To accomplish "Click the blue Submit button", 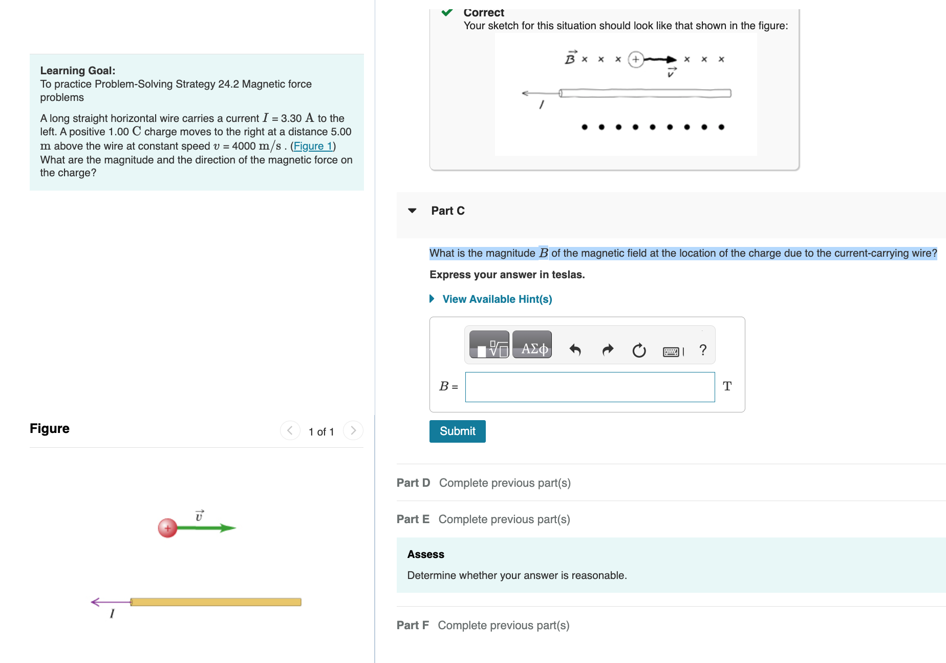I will coord(457,431).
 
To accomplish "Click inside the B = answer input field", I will coord(589,387).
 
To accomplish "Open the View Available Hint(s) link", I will coord(497,299).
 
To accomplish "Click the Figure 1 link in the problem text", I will coord(313,146).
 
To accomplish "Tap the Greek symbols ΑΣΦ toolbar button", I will coord(532,349).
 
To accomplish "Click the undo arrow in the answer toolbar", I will coord(575,350).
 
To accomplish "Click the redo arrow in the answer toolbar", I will coord(608,350).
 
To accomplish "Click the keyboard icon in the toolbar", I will coord(671,351).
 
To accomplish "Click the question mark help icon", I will coord(703,350).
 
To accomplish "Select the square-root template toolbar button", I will coord(489,349).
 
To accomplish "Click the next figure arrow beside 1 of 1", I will coord(353,430).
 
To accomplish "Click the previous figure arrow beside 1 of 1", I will coord(290,430).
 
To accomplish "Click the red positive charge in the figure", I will coord(167,528).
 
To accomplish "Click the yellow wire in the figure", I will coord(215,602).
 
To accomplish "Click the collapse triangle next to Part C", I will coord(412,211).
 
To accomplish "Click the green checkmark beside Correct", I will coord(447,12).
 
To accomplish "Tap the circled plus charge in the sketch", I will coord(635,59).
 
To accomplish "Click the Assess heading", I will coord(425,554).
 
